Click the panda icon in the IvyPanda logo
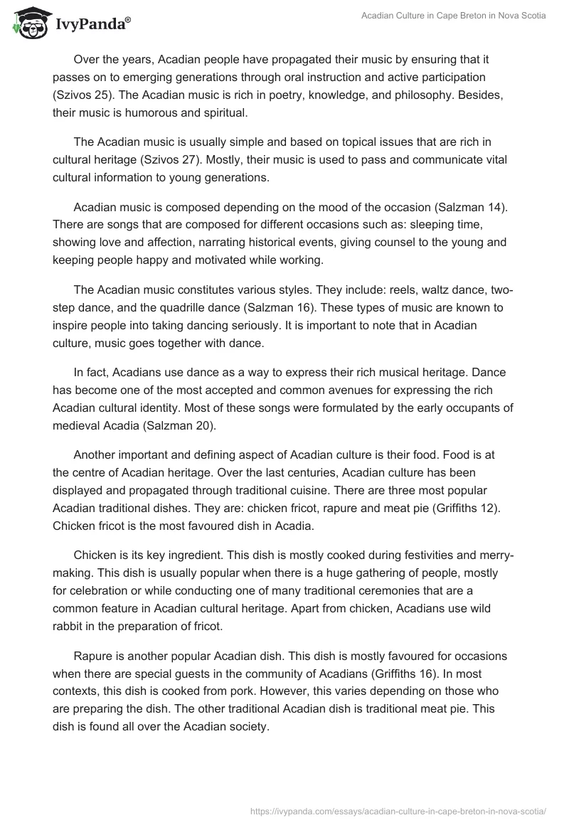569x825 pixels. [27, 23]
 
